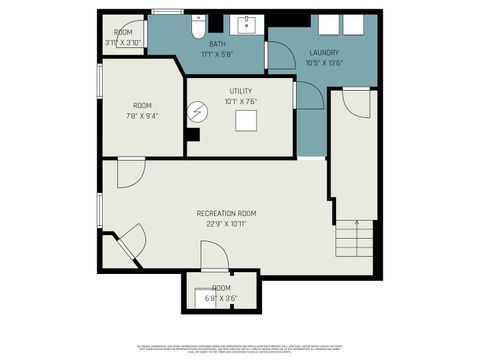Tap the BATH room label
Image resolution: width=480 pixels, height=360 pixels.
coord(217,45)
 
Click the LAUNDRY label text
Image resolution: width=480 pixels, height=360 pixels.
coord(323,52)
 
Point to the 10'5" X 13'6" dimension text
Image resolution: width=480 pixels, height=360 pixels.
coord(323,61)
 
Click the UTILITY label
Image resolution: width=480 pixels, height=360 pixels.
coord(240,91)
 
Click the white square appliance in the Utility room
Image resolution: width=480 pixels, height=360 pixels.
coord(246,121)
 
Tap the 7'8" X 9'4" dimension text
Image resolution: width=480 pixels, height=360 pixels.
coord(143,116)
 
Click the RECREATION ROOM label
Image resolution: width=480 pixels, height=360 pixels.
coord(226,213)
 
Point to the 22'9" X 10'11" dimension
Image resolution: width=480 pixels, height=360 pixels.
coord(226,223)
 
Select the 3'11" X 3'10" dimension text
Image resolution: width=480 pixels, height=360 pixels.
coord(123,42)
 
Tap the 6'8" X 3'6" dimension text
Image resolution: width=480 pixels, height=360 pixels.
coord(221,297)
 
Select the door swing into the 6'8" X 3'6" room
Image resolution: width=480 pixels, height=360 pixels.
coord(214,261)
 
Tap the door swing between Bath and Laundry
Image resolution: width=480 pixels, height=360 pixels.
coord(281,56)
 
